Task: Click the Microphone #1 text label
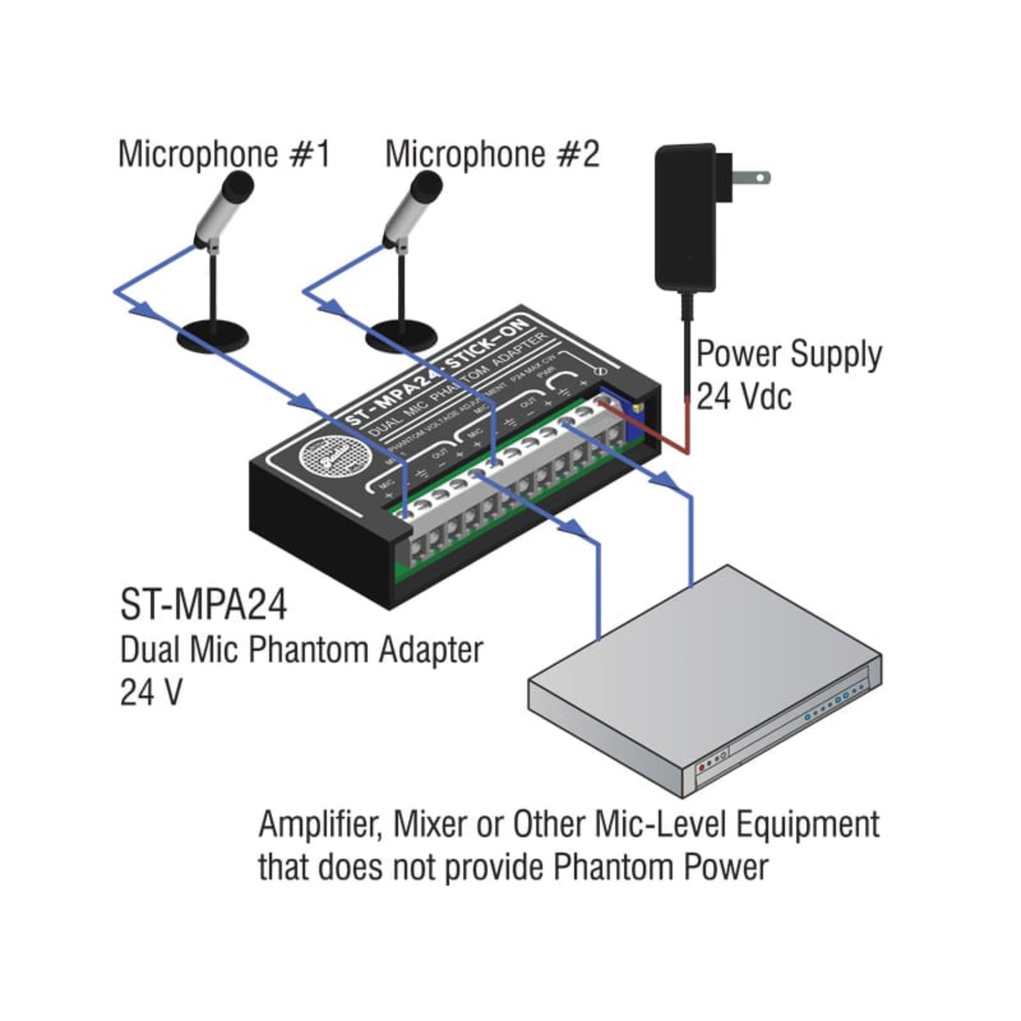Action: coord(224,155)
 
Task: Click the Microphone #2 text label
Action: coord(492,155)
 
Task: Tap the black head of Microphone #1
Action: coord(237,187)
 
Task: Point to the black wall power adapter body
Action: coord(686,216)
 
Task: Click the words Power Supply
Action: coord(789,355)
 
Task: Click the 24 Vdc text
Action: coord(744,396)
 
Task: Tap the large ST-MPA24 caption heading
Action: coord(204,605)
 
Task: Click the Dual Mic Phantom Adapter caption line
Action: coord(301,650)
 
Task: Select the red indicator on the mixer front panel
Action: coord(702,782)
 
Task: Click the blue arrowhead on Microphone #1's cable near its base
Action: coord(144,309)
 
